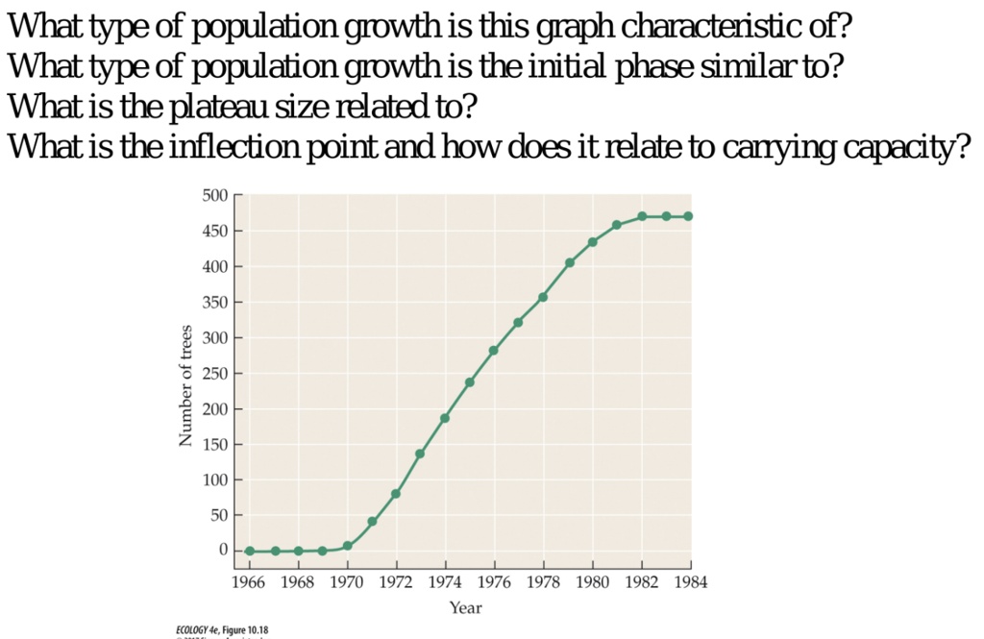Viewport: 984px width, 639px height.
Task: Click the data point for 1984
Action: [x=688, y=216]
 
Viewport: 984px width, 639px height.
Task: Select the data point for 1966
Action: [x=250, y=551]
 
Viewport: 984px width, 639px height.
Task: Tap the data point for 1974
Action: [x=445, y=418]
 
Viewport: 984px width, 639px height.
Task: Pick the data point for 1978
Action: [x=543, y=297]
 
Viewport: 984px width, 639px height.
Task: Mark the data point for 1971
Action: [x=372, y=521]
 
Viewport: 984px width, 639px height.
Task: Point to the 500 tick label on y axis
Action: [x=215, y=196]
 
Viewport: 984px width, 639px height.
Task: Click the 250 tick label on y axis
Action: [x=215, y=374]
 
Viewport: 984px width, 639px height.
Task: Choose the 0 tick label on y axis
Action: [x=222, y=551]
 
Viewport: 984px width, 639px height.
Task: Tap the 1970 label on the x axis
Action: [x=347, y=580]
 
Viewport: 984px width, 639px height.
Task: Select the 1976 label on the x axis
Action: [x=494, y=580]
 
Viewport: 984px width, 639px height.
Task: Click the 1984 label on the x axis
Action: [x=688, y=580]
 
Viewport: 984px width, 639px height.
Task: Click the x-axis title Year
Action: [x=466, y=607]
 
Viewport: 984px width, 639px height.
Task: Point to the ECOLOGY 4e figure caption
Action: [x=222, y=630]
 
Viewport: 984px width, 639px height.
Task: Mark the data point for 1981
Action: [x=616, y=225]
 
